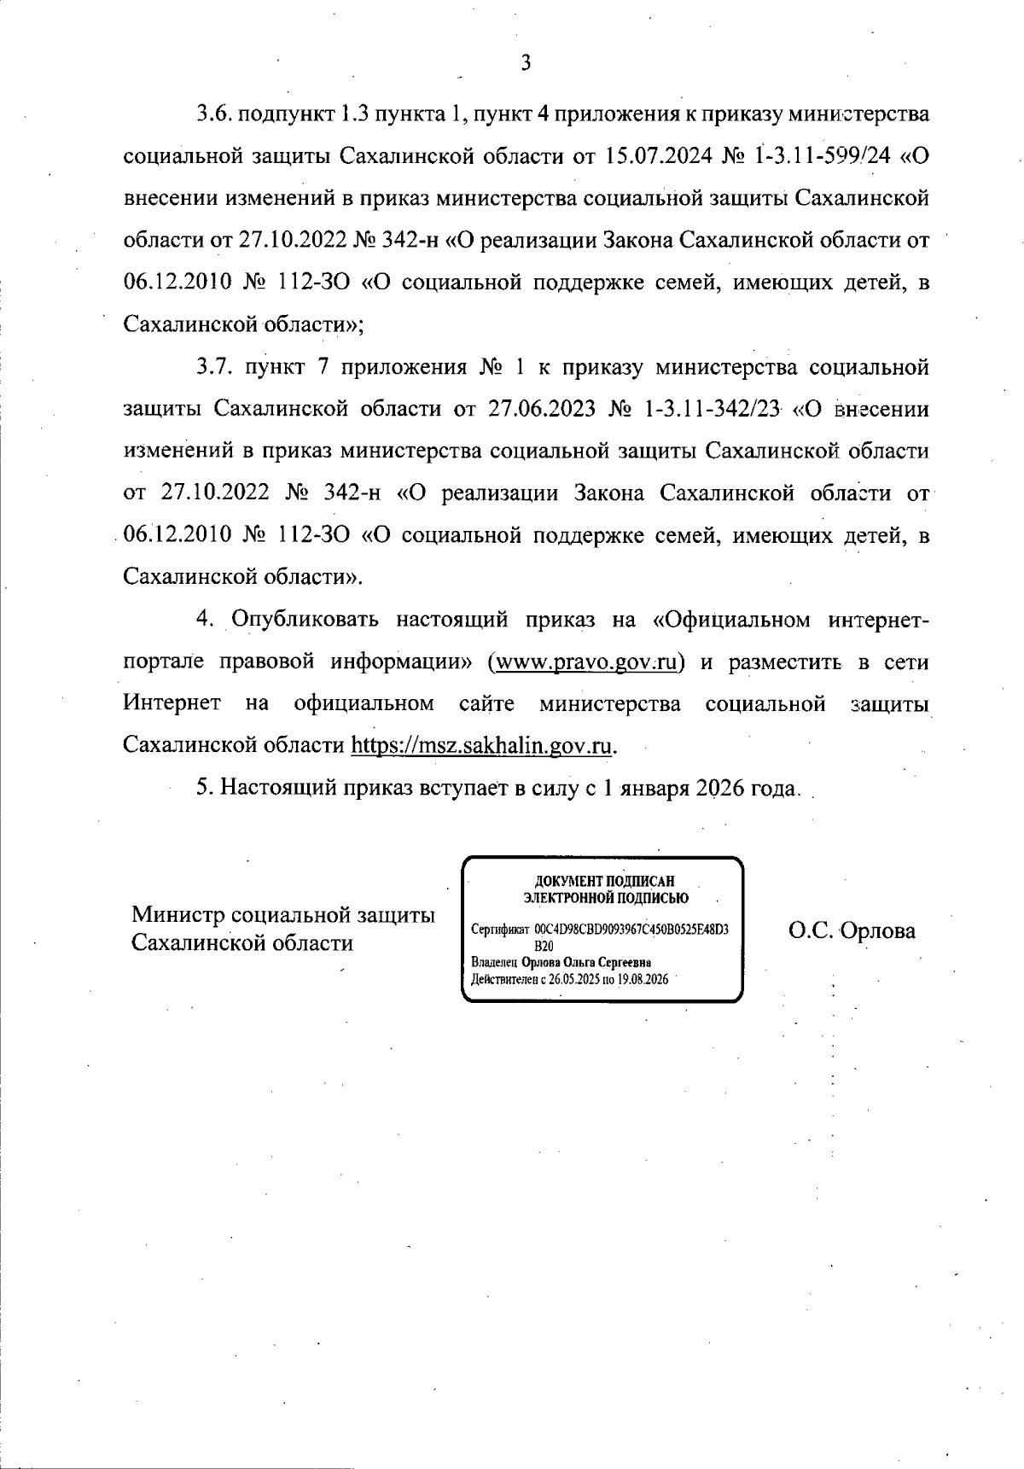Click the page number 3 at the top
point(526,63)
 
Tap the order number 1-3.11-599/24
point(821,156)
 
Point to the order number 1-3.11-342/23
point(713,410)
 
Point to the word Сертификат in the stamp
point(501,930)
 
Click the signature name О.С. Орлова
point(851,930)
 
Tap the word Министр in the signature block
point(177,915)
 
